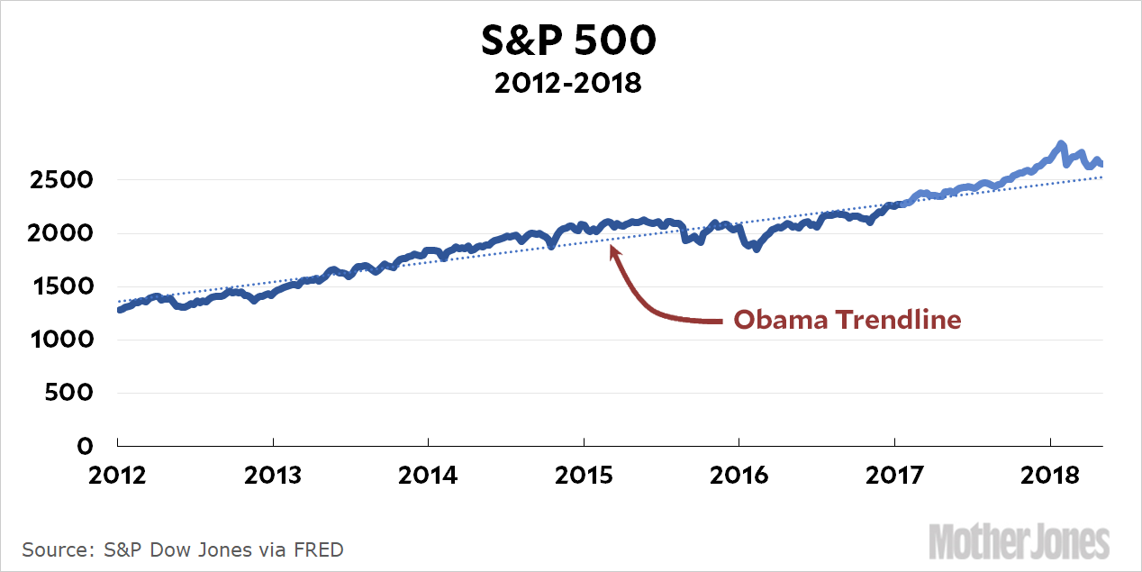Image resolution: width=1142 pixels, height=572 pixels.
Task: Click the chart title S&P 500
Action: pyautogui.click(x=570, y=41)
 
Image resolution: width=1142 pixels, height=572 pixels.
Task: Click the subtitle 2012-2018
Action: pyautogui.click(x=570, y=83)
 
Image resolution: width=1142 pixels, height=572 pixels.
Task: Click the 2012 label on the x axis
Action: pyautogui.click(x=117, y=475)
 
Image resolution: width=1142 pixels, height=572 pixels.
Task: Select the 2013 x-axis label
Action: pyautogui.click(x=272, y=475)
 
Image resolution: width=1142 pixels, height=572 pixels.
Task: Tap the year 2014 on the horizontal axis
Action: pyautogui.click(x=428, y=475)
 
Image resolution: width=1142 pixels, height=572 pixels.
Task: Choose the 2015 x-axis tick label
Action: pyautogui.click(x=584, y=475)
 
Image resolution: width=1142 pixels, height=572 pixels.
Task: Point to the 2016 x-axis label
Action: pyautogui.click(x=739, y=475)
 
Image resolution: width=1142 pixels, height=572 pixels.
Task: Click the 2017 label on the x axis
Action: pyautogui.click(x=894, y=475)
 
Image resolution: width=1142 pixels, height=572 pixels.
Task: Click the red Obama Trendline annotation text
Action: pyautogui.click(x=847, y=320)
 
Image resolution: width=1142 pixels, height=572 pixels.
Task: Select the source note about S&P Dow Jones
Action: pyautogui.click(x=183, y=549)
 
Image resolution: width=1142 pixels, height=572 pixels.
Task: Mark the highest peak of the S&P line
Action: pyautogui.click(x=1061, y=143)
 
